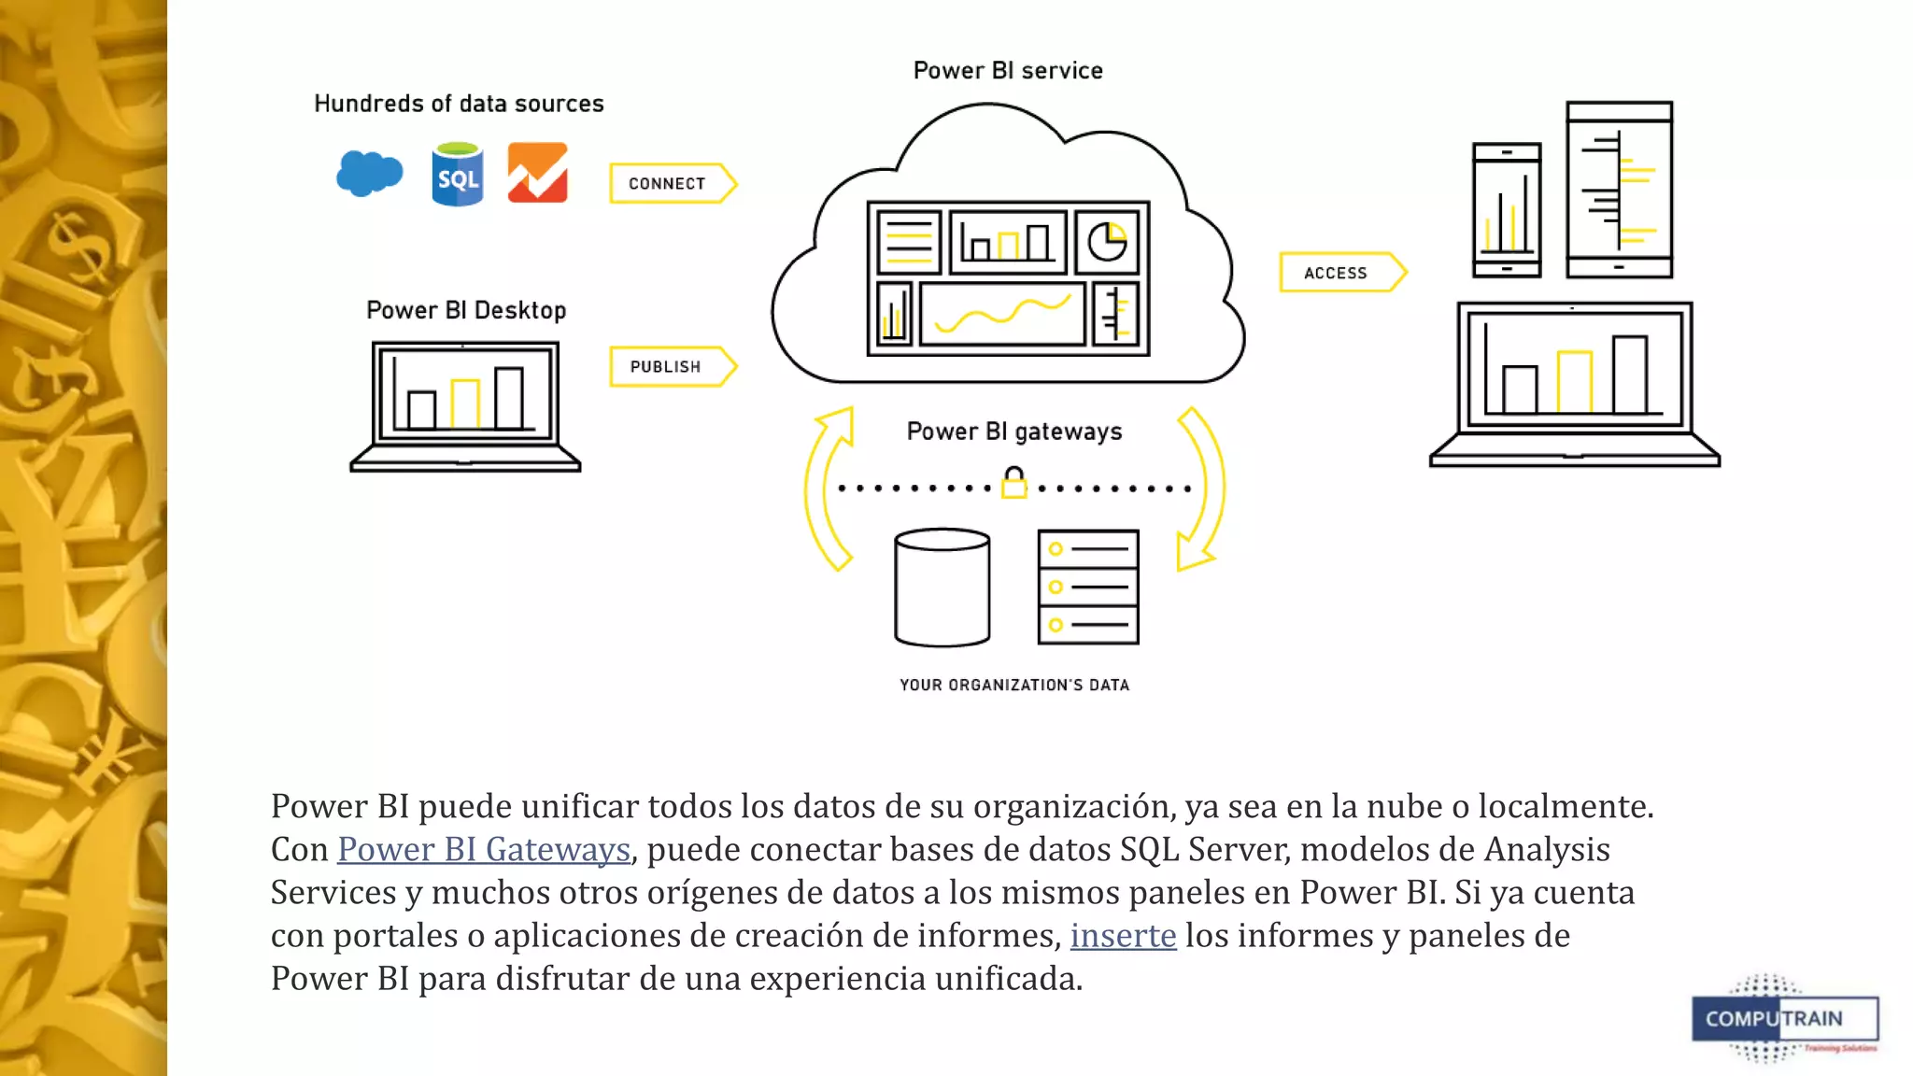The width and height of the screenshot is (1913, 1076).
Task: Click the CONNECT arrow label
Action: click(x=667, y=184)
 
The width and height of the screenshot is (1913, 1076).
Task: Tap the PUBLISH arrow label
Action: click(x=665, y=367)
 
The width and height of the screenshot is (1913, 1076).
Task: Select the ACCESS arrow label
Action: click(x=1336, y=273)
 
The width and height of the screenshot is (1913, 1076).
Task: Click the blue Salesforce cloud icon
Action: click(x=370, y=173)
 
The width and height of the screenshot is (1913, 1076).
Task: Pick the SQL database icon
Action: click(x=458, y=175)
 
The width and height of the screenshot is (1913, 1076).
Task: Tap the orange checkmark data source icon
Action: click(x=537, y=173)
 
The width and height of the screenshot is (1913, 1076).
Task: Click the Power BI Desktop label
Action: click(x=466, y=310)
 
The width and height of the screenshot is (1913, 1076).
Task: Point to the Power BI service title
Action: click(x=1008, y=71)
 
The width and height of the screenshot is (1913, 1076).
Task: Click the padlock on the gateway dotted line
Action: click(x=1013, y=483)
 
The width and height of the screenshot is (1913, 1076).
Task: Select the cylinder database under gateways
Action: click(x=942, y=588)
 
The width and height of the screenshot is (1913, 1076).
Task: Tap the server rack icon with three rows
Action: click(x=1088, y=587)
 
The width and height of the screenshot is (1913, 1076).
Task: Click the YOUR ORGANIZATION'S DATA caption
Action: click(x=1014, y=685)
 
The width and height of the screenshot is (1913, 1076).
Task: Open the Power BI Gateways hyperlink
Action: click(x=484, y=849)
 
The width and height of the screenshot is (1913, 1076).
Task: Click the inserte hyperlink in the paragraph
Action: click(x=1123, y=935)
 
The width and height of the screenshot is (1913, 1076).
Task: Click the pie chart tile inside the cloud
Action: click(x=1107, y=242)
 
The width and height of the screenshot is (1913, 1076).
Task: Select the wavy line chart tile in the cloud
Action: click(x=1002, y=315)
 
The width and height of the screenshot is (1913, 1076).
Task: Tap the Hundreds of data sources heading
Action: click(x=459, y=104)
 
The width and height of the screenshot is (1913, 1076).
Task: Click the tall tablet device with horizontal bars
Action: click(x=1619, y=190)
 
